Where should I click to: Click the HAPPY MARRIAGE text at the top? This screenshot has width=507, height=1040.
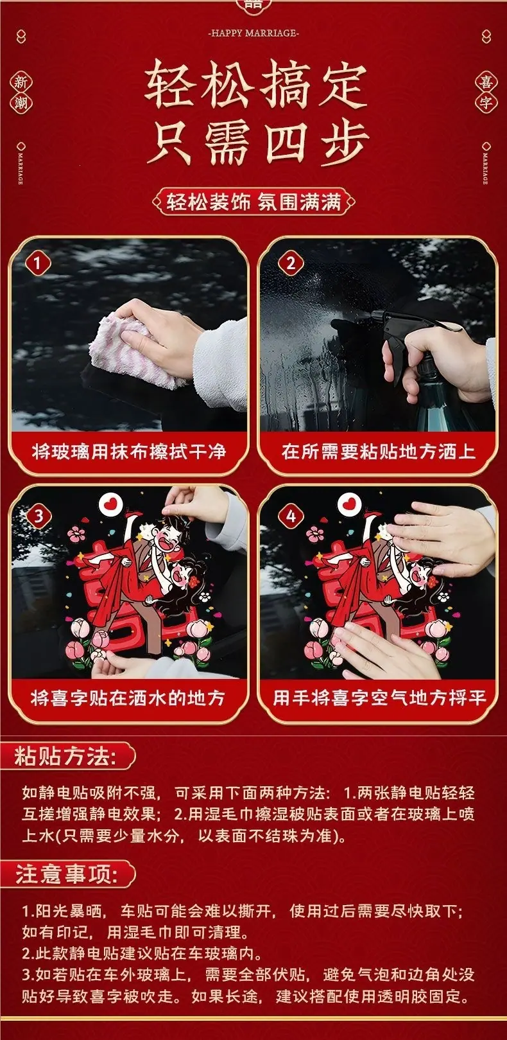pyautogui.click(x=253, y=33)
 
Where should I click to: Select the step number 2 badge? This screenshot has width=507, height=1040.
pyautogui.click(x=291, y=264)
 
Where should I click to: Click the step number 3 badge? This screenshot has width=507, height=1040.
pyautogui.click(x=38, y=516)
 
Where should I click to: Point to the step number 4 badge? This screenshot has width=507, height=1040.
pyautogui.click(x=291, y=516)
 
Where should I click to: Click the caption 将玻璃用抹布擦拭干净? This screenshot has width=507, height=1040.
pyautogui.click(x=129, y=452)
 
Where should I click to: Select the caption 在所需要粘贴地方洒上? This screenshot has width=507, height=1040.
pyautogui.click(x=378, y=452)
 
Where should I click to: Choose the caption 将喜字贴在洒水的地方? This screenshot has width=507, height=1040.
pyautogui.click(x=128, y=698)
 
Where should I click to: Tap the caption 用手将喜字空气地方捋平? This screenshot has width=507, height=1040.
pyautogui.click(x=379, y=698)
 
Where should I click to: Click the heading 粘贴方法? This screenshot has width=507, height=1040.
pyautogui.click(x=65, y=756)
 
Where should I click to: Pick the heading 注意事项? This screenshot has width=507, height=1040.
pyautogui.click(x=66, y=874)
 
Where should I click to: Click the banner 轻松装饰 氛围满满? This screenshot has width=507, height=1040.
pyautogui.click(x=253, y=202)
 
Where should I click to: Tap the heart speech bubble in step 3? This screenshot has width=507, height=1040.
pyautogui.click(x=110, y=505)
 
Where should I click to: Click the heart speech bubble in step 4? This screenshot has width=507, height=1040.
pyautogui.click(x=349, y=505)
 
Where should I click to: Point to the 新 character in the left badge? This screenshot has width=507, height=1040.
pyautogui.click(x=21, y=83)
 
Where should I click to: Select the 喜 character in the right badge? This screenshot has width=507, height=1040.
pyautogui.click(x=486, y=82)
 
